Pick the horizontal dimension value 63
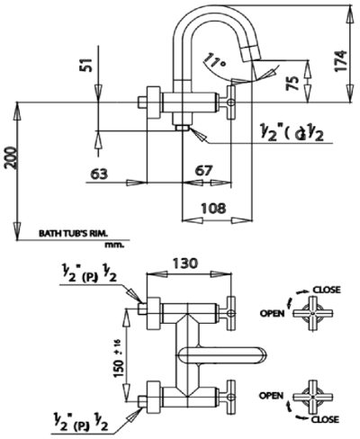[x=100, y=173]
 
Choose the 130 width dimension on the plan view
[x=186, y=265]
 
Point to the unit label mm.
[x=113, y=243]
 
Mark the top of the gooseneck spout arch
[x=206, y=9]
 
